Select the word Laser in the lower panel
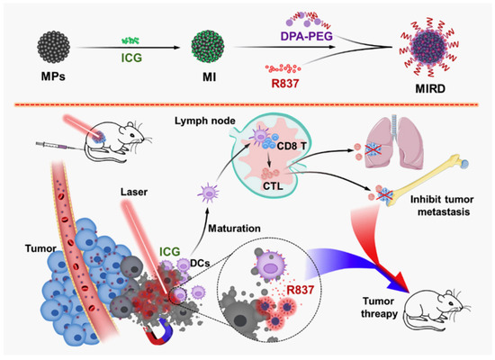click(135, 191)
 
